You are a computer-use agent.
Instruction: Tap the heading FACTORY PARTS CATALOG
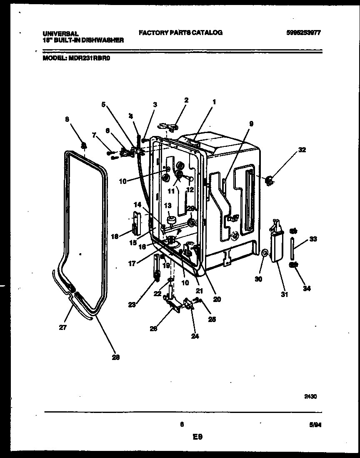tap(180, 33)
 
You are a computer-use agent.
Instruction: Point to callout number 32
tap(302, 150)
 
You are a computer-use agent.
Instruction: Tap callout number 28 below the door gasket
tap(116, 357)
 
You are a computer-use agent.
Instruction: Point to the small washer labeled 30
tap(265, 252)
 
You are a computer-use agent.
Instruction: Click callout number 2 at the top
tap(186, 100)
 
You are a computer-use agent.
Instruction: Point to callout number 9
tap(251, 123)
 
